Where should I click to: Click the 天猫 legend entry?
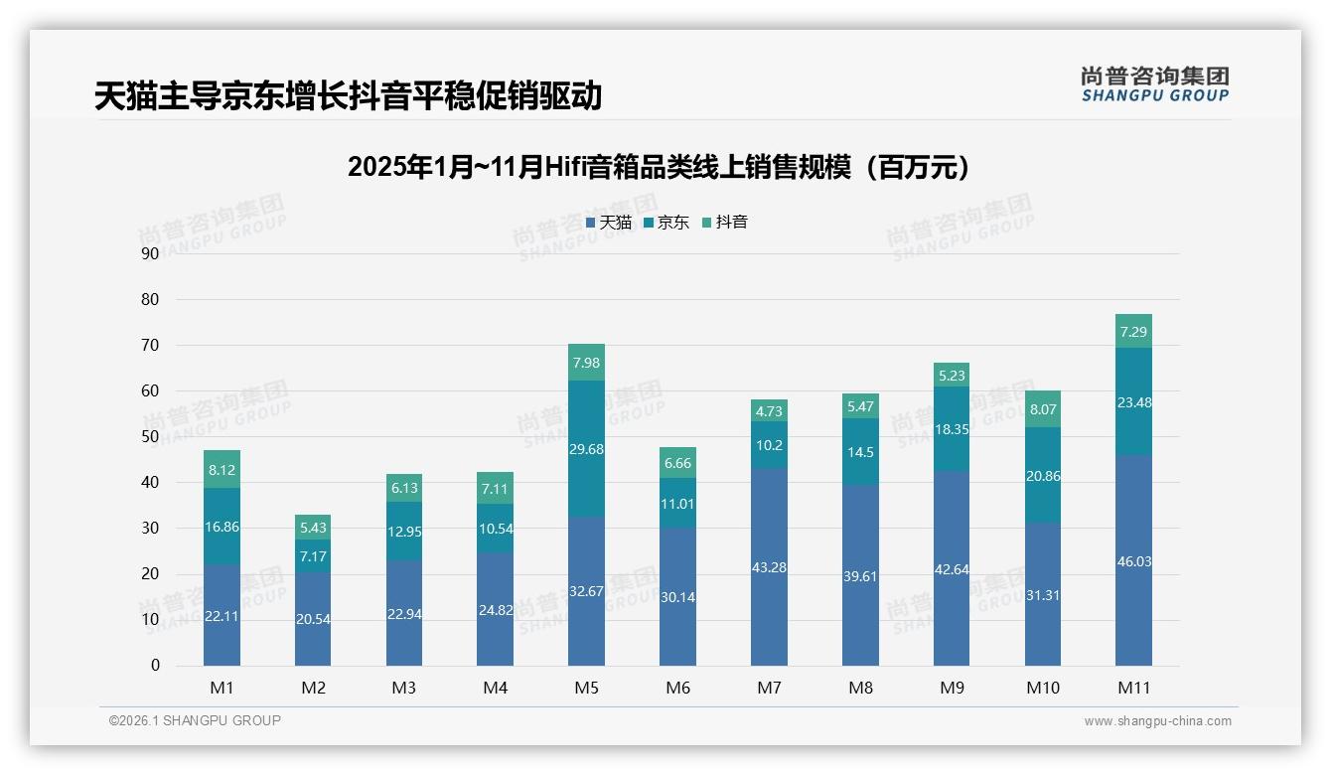click(x=609, y=223)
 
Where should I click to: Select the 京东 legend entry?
click(x=666, y=223)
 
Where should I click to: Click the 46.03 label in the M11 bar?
click(x=1133, y=561)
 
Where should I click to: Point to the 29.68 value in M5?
click(x=586, y=449)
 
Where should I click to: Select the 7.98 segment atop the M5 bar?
click(x=586, y=362)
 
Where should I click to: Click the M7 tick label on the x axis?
click(x=769, y=688)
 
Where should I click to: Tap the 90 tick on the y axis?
click(x=150, y=253)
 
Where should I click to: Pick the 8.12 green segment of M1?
click(x=222, y=469)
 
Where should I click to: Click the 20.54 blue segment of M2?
click(x=313, y=618)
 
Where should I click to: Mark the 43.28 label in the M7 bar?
click(x=769, y=567)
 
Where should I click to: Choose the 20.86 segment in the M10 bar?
click(x=1042, y=476)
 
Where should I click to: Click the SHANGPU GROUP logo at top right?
click(x=1154, y=84)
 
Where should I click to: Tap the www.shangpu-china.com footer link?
click(x=1157, y=721)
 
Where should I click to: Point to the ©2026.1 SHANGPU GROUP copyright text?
click(x=195, y=720)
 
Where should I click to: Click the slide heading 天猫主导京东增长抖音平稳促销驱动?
click(x=348, y=96)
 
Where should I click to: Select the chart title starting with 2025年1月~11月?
click(x=659, y=167)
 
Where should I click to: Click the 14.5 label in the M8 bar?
click(x=860, y=452)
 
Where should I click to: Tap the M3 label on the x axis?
click(x=404, y=688)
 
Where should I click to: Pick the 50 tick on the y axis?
click(x=150, y=436)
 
